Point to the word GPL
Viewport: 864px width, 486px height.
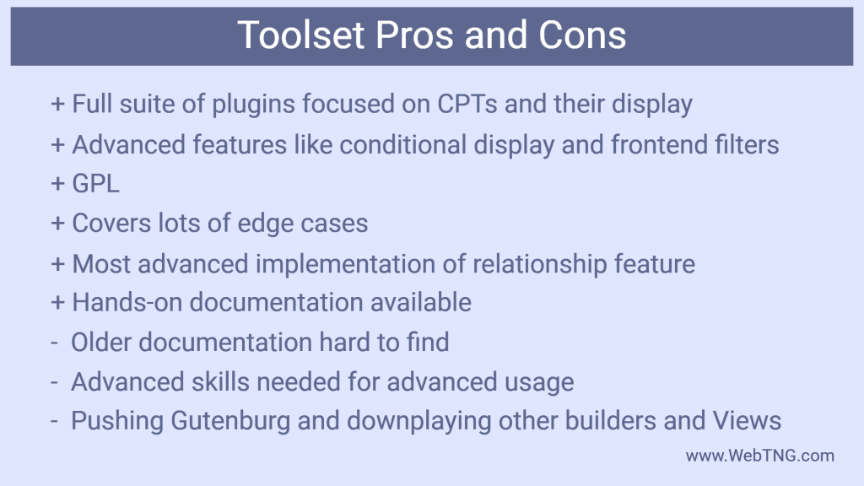[96, 184]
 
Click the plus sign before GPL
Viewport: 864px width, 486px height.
[57, 184]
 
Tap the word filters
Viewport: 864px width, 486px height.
[743, 144]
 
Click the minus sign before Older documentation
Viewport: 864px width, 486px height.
[54, 343]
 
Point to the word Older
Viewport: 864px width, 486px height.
[102, 343]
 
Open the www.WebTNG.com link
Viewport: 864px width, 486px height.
[759, 456]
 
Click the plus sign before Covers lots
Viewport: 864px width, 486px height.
[57, 224]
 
